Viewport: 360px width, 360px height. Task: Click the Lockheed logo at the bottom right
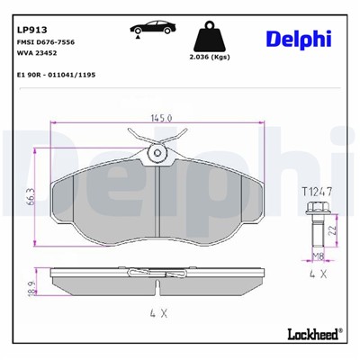pyautogui.click(x=311, y=334)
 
